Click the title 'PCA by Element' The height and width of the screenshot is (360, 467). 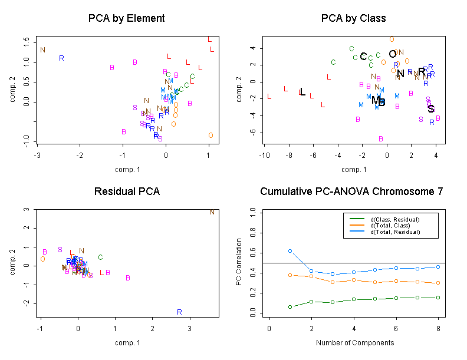pos(126,18)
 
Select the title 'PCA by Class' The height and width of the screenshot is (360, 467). pos(354,18)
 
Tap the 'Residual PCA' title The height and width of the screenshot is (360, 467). pos(127,191)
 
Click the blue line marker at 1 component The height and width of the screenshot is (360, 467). pos(290,251)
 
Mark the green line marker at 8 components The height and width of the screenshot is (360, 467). pos(438,298)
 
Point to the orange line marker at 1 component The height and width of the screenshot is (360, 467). pos(290,275)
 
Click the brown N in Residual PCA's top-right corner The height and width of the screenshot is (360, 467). pos(212,212)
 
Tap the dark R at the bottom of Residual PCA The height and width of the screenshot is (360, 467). pos(179,312)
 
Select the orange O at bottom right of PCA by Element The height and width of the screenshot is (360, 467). pos(211,136)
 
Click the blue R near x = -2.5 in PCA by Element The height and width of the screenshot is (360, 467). pos(61,58)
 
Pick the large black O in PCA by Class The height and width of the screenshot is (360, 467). pos(393,54)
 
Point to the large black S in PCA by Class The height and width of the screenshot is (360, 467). pos(431,109)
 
